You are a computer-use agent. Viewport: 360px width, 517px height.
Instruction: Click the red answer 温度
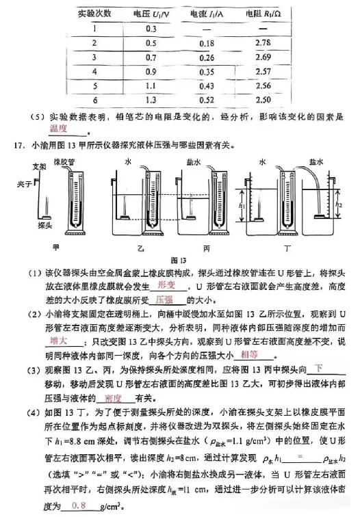click(x=60, y=128)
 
